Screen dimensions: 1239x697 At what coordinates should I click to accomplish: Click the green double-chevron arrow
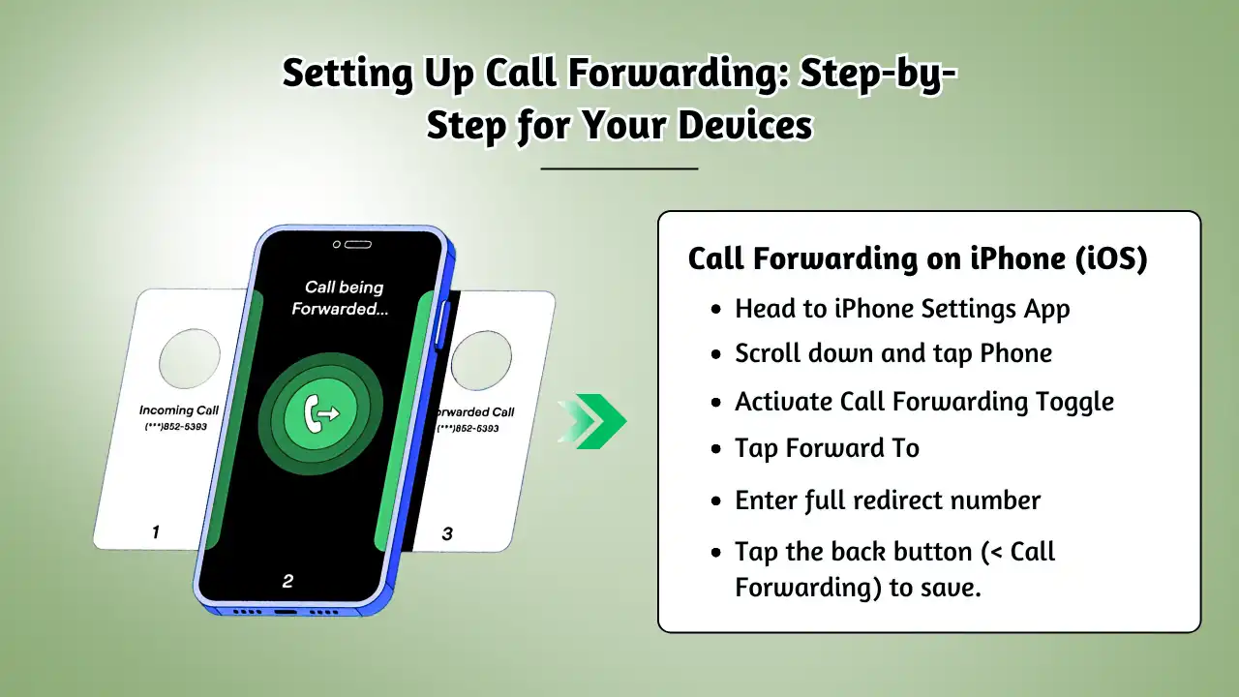click(x=593, y=421)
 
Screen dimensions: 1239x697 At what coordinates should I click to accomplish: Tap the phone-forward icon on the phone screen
click(x=321, y=413)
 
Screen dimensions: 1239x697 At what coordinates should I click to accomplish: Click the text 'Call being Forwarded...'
click(x=341, y=297)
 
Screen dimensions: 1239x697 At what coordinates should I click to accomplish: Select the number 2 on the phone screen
click(x=287, y=581)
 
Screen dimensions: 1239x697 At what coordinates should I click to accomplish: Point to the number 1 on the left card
click(x=156, y=531)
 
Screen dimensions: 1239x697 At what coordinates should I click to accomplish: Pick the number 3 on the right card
click(x=447, y=533)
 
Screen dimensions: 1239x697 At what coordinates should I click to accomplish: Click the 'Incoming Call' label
click(x=179, y=409)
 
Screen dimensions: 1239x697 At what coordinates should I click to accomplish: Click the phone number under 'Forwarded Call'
click(x=468, y=428)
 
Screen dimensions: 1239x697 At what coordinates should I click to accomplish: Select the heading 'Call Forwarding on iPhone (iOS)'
click(x=918, y=258)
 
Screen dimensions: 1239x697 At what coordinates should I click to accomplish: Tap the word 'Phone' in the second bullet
click(x=1016, y=353)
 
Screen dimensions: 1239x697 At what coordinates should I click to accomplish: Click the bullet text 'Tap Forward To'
click(x=827, y=448)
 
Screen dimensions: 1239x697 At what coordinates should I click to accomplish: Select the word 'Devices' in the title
click(x=745, y=125)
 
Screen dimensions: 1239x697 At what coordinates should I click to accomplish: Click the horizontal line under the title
click(x=619, y=168)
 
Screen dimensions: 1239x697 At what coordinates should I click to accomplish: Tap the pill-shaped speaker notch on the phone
click(x=358, y=245)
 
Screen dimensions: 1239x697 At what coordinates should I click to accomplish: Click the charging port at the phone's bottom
click(x=286, y=612)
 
